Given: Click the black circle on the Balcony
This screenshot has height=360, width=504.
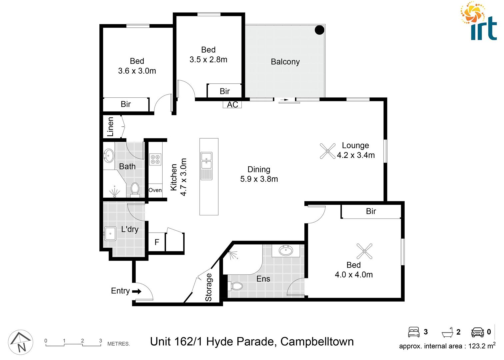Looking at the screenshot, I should tap(319, 30).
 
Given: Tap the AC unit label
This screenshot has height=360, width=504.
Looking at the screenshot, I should tap(232, 105).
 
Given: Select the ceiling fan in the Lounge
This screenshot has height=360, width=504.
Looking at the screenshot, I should tap(327, 151).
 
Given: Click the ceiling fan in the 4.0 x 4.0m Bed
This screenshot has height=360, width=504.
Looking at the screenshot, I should tap(364, 251).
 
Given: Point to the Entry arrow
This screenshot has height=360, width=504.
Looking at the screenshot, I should tap(137, 291).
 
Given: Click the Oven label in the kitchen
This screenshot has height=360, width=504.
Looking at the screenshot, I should tap(155, 190).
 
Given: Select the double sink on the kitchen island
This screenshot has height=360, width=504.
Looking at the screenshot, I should tap(206, 160).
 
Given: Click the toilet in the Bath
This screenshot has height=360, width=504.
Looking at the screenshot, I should tap(135, 189).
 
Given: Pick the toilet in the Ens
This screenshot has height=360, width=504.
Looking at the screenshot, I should tap(236, 286).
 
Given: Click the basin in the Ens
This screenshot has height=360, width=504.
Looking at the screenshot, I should tap(286, 250).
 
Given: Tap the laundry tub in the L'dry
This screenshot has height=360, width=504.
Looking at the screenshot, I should tap(110, 233).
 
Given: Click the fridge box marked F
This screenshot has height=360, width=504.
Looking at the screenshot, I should tap(157, 242).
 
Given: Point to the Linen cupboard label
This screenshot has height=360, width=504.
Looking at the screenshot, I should tap(110, 127).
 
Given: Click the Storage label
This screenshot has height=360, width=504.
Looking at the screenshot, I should tap(209, 287).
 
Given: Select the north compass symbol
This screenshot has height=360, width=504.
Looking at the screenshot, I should tap(21, 342).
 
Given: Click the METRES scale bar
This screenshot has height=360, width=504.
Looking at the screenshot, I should tap(73, 345).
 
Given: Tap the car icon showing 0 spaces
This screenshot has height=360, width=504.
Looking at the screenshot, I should tap(477, 332).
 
